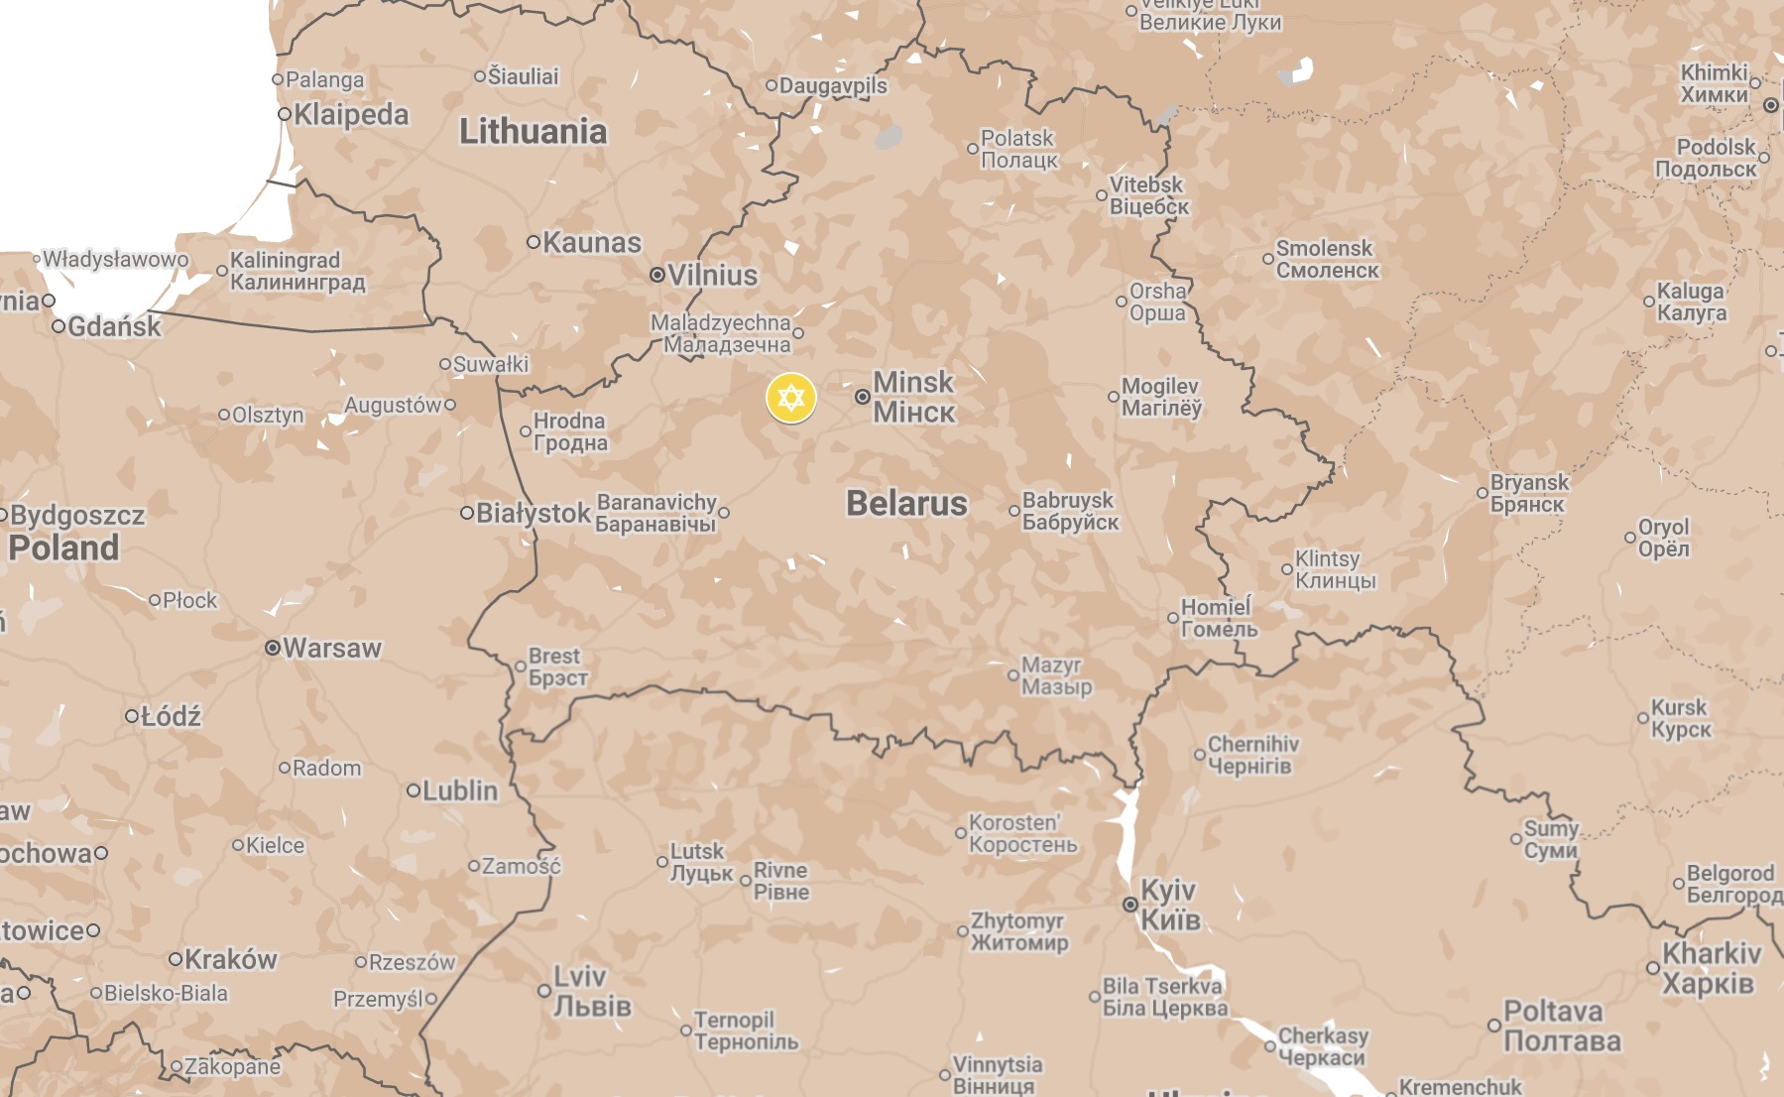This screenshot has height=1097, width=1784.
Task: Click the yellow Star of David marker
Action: pyautogui.click(x=790, y=399)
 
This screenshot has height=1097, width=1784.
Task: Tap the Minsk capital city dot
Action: pyautogui.click(x=863, y=397)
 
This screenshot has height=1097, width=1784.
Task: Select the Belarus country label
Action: pyautogui.click(x=906, y=504)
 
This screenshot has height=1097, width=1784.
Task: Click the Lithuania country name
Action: pyautogui.click(x=533, y=132)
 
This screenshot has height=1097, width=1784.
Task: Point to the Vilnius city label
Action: pyautogui.click(x=712, y=276)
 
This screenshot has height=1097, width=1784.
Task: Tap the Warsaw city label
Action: pyautogui.click(x=331, y=649)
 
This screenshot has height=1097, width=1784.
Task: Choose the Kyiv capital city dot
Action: pyautogui.click(x=1130, y=905)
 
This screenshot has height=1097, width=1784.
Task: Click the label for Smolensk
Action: pyautogui.click(x=1326, y=259)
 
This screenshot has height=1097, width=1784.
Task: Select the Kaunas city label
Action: pyautogui.click(x=591, y=243)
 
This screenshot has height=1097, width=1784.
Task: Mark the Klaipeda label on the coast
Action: pyautogui.click(x=350, y=115)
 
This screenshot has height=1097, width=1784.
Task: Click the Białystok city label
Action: pyautogui.click(x=533, y=514)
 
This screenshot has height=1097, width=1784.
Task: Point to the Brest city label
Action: pyautogui.click(x=557, y=667)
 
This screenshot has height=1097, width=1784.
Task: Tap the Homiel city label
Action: pyautogui.click(x=1218, y=618)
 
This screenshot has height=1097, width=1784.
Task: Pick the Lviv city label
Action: pyautogui.click(x=591, y=991)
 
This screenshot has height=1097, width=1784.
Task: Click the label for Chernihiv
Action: pyautogui.click(x=1251, y=755)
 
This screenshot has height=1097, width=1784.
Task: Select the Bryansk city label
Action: pyautogui.click(x=1528, y=493)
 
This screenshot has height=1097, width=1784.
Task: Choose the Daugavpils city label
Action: pyautogui.click(x=832, y=86)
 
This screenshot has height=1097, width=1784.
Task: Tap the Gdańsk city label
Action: pyautogui.click(x=113, y=326)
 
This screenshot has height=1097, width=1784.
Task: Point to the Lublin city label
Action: pyautogui.click(x=459, y=792)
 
